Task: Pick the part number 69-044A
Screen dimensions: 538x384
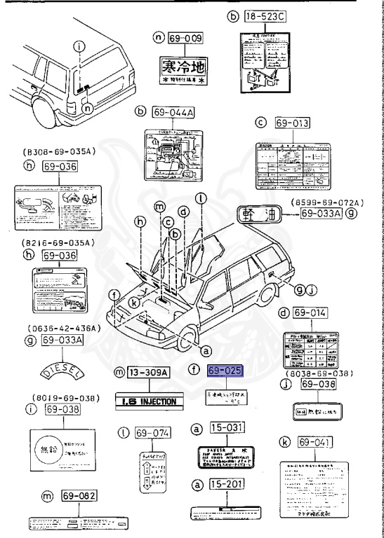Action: click(x=171, y=111)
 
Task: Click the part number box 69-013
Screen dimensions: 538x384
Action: click(x=291, y=123)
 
